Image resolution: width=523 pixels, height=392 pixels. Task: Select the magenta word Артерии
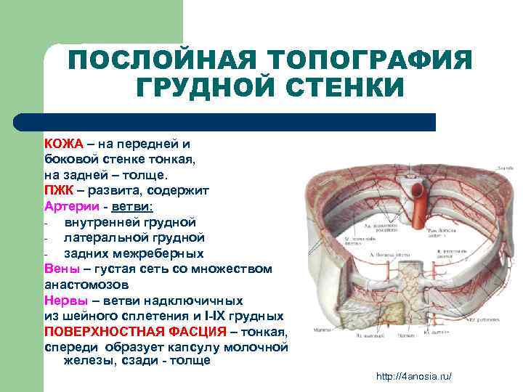(x=70, y=206)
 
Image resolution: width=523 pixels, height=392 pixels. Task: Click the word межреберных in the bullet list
(x=163, y=253)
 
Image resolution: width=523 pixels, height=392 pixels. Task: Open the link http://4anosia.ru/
(x=413, y=376)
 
